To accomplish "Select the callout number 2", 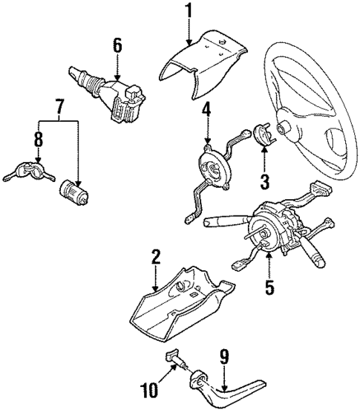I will point(156,257).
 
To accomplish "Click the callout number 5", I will point(270,284).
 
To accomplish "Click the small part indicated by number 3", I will point(264,135).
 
